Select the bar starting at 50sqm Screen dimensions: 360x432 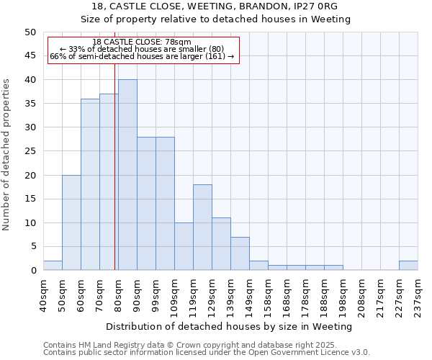tap(71, 222)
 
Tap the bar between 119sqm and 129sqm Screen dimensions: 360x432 tap(202, 228)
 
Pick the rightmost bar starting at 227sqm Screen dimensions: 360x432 tap(408, 266)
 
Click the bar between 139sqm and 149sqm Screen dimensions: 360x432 tap(240, 253)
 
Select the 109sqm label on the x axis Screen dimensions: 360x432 tap(175, 294)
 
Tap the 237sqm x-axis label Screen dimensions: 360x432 tap(418, 294)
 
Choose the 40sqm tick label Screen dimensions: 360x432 tap(43, 294)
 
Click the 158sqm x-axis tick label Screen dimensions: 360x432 tap(269, 294)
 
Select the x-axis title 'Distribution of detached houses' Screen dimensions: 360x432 tap(230, 326)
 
